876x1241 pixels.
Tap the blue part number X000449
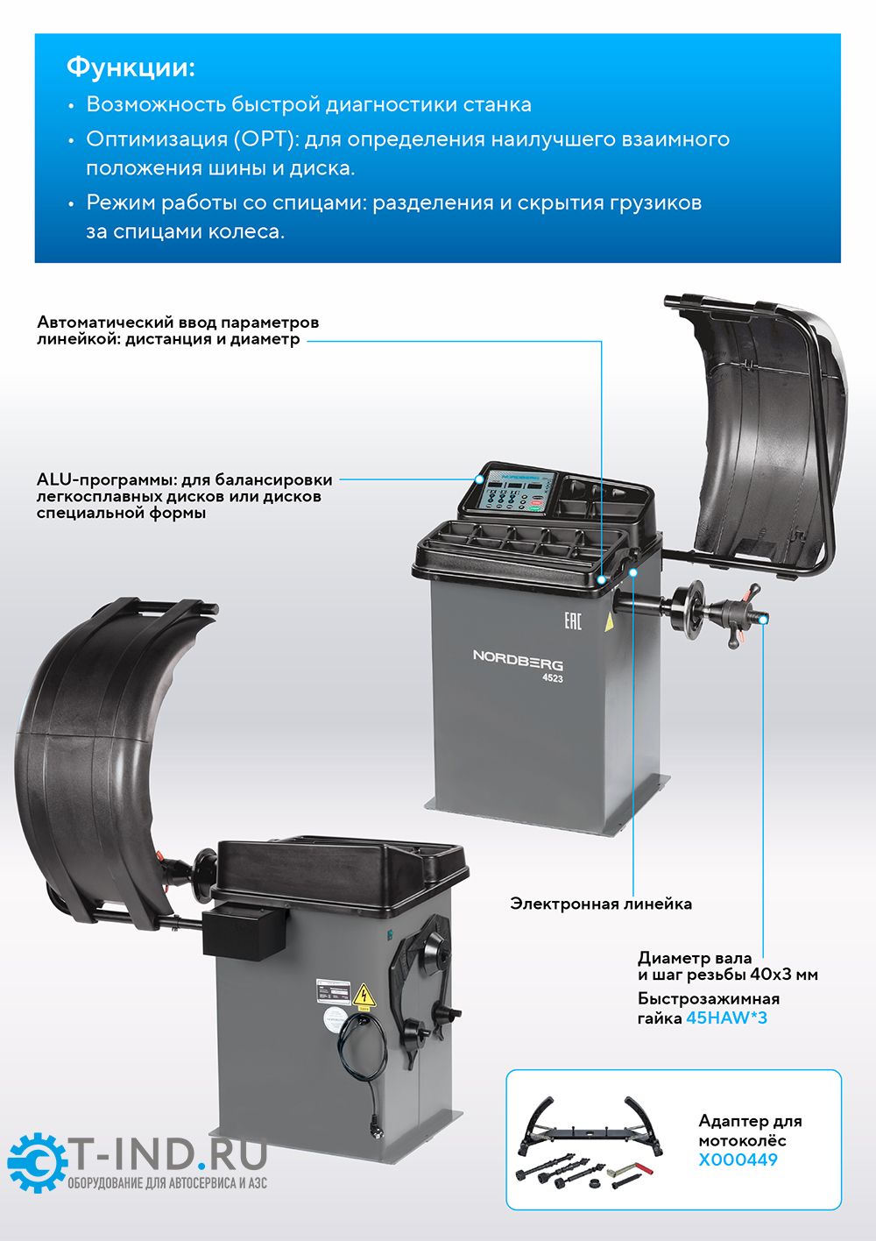point(738,1159)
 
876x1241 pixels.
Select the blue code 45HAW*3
point(726,1018)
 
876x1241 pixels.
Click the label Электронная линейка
point(601,904)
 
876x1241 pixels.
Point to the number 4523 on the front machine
point(553,678)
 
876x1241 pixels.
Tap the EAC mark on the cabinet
point(573,620)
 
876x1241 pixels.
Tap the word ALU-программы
point(106,479)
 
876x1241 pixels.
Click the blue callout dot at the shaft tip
point(764,620)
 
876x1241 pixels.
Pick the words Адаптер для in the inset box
point(751,1121)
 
